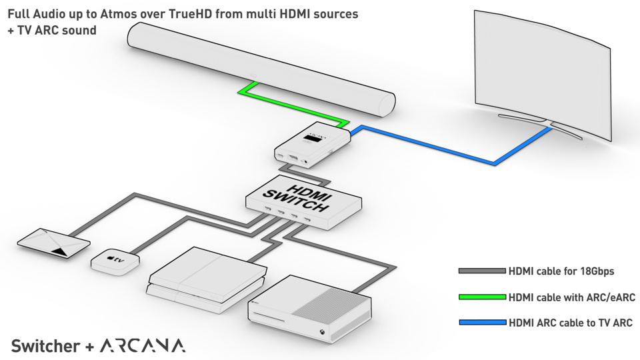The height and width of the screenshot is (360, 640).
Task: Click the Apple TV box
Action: [115, 260]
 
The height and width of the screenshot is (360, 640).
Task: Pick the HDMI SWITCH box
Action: [303, 200]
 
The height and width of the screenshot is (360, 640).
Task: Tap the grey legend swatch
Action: [481, 271]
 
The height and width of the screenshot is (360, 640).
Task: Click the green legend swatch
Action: [481, 297]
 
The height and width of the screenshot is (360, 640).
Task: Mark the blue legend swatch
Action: [481, 323]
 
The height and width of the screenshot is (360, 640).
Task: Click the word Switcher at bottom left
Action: [45, 346]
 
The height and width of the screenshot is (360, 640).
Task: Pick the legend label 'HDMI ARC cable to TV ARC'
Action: [570, 323]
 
